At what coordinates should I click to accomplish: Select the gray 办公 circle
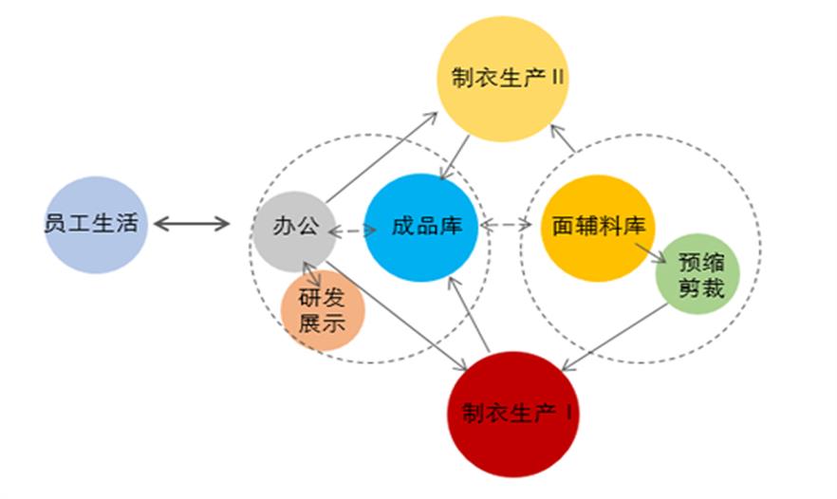pos(293,228)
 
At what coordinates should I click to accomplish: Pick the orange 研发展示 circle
pos(323,310)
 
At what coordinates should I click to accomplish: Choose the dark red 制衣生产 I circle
pos(512,415)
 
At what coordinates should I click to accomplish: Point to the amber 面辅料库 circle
pos(598,228)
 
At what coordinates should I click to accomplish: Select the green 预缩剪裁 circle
pos(700,274)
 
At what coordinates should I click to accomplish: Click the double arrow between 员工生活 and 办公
pos(192,225)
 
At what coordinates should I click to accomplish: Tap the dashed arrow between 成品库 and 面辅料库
pos(506,226)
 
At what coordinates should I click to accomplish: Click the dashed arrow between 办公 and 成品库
pos(350,229)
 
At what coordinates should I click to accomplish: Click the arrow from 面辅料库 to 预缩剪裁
pos(650,252)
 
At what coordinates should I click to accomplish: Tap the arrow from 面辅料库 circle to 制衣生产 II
pos(564,139)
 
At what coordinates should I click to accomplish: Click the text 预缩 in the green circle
pos(702,261)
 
